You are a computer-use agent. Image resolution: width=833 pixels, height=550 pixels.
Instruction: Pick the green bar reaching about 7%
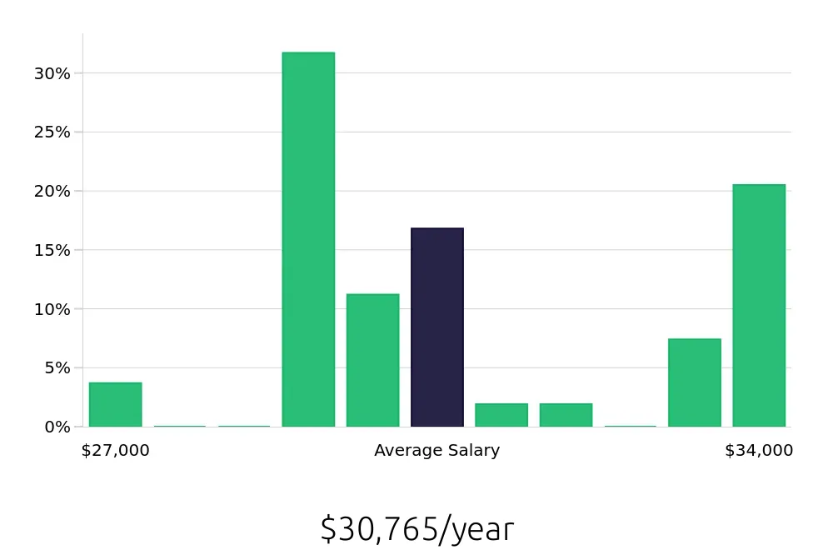coord(694,382)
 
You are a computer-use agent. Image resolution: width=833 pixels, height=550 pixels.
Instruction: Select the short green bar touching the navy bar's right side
coord(501,415)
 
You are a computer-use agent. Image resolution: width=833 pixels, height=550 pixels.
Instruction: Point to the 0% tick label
coord(57,427)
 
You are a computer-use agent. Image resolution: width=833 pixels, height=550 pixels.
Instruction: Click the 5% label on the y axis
coord(57,367)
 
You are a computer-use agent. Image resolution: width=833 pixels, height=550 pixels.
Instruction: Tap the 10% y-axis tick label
coord(52,309)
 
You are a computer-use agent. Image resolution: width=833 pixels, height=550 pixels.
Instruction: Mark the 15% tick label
coord(52,250)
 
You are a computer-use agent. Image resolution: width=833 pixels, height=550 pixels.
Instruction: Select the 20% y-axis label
coord(52,191)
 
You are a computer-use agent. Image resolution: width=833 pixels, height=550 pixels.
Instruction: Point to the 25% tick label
coord(52,132)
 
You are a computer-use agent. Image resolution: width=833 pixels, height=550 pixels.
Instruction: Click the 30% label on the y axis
coord(52,73)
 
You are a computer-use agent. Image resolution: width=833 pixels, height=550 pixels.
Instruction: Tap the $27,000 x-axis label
coord(115,451)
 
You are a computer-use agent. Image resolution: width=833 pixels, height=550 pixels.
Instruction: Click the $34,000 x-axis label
coord(759,451)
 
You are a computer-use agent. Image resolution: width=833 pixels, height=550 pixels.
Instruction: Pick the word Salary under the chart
coord(473,451)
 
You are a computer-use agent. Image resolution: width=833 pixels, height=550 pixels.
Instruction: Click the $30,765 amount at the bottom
coord(379,529)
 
